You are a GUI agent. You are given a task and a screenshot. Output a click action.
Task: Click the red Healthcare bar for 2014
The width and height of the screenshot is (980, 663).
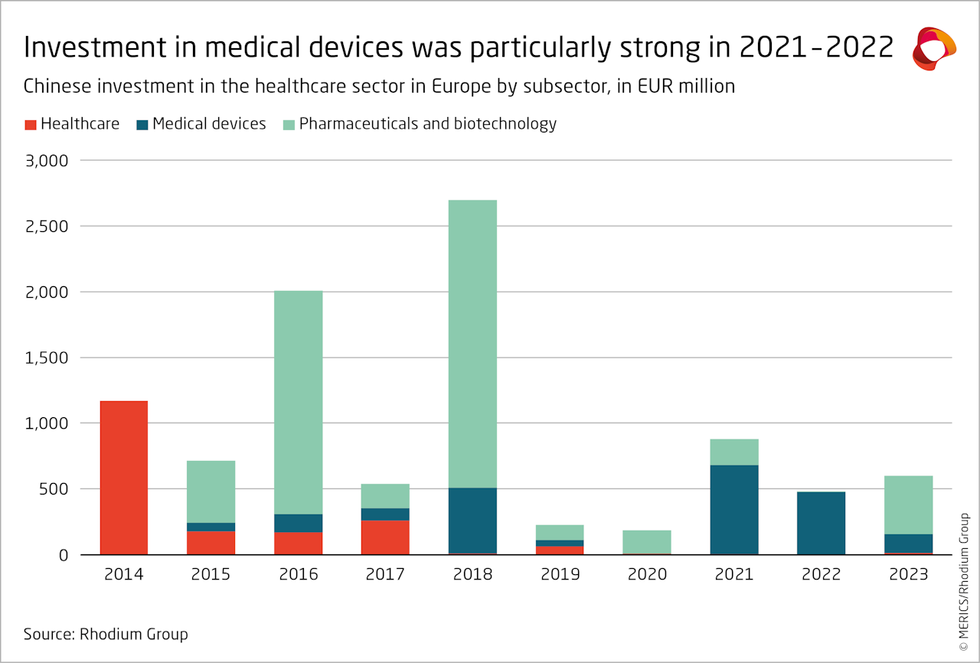point(124,478)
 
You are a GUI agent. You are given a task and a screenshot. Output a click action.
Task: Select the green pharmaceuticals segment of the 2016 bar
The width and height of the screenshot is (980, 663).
point(299,402)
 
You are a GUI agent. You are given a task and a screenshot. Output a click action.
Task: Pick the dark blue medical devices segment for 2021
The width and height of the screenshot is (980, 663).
point(734,509)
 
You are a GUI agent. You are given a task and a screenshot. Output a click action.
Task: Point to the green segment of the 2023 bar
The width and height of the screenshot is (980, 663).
point(909,505)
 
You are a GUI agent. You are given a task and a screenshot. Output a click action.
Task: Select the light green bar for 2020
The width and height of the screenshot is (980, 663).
point(647,541)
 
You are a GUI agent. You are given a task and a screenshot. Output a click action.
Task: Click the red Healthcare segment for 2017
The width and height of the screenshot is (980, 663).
point(385,537)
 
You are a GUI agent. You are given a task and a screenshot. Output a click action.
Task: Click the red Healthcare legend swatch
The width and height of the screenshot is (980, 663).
point(30,124)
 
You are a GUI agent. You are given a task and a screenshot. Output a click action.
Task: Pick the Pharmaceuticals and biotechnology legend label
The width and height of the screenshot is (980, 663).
point(427,124)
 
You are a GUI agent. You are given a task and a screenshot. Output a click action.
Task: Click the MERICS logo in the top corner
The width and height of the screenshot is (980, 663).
point(934,49)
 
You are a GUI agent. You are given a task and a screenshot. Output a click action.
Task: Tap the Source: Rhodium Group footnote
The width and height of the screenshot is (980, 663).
point(106,634)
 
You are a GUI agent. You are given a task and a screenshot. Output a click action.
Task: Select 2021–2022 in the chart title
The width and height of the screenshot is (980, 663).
point(815,47)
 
